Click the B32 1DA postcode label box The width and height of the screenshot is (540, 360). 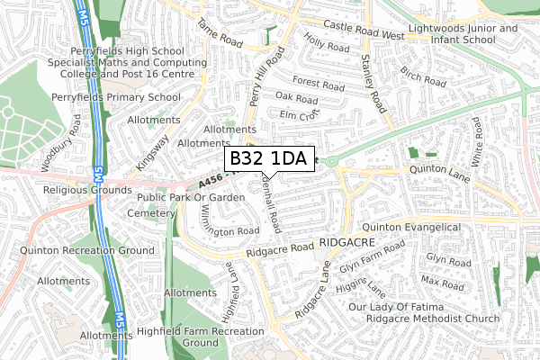pos(268,158)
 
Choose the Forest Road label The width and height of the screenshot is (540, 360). pos(318,85)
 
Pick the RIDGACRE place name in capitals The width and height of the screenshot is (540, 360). pos(343,244)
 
